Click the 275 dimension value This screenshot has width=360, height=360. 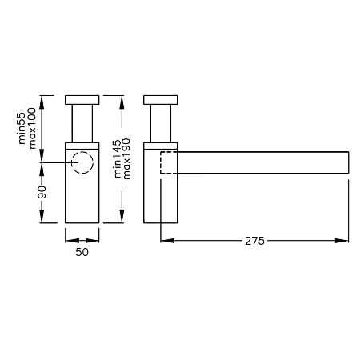[x=254, y=241]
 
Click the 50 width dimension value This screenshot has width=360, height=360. [x=82, y=252]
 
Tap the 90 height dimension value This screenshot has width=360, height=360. [x=42, y=192]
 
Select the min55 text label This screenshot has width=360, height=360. [x=22, y=128]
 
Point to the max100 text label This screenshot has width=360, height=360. [x=32, y=128]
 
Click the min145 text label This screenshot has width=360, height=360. [x=118, y=158]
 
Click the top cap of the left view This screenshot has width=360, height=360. [x=82, y=100]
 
